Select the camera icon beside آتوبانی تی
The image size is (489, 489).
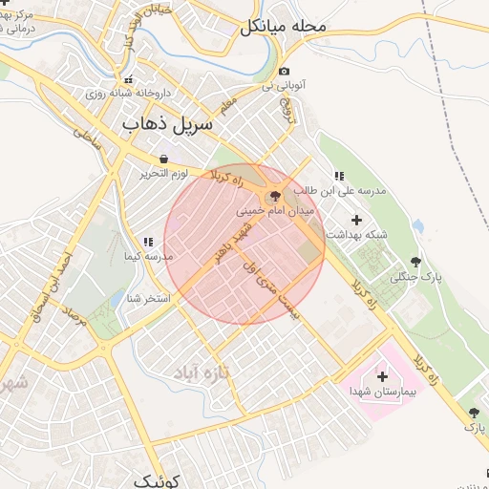tap(284, 72)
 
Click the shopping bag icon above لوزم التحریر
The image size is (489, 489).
tap(164, 159)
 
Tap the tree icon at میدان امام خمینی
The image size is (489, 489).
tap(276, 195)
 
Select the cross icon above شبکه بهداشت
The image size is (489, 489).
tap(357, 221)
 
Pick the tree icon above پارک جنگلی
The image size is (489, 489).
tap(415, 262)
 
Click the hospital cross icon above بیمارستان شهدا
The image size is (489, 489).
tap(383, 377)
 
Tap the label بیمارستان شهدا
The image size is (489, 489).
tap(383, 393)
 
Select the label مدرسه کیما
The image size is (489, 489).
tap(148, 257)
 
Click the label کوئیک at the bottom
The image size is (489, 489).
tap(158, 479)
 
